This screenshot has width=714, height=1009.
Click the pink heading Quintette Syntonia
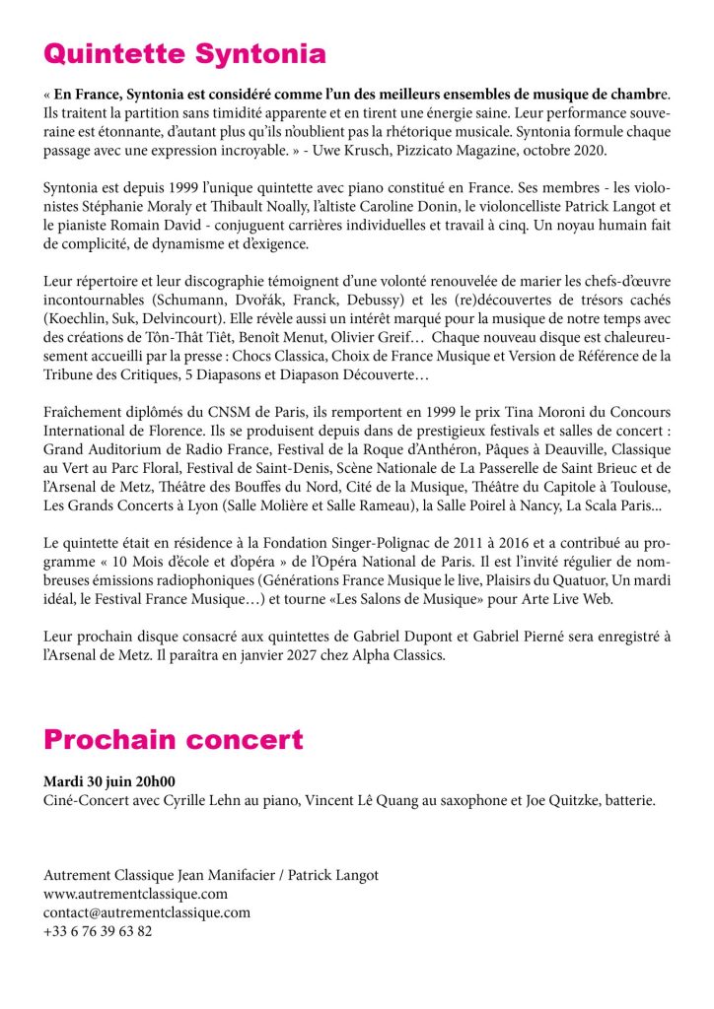tap(184, 52)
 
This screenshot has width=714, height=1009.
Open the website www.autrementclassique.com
tap(136, 894)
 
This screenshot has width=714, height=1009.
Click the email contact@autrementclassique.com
tap(147, 912)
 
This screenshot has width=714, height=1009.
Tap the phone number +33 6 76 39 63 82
tap(98, 930)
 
